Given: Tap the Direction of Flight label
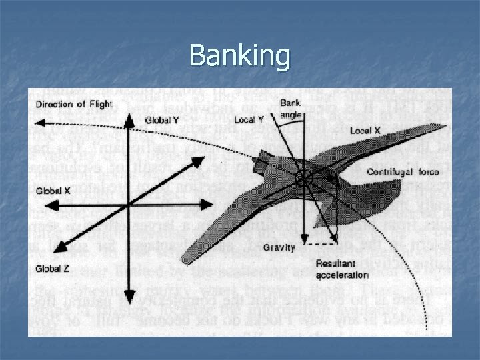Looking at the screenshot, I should point(74,103).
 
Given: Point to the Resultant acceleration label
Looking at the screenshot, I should point(342,269).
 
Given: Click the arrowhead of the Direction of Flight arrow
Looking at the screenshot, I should point(39,122).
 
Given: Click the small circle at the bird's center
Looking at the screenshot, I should point(303,178).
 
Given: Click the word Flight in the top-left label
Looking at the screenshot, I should point(99,103).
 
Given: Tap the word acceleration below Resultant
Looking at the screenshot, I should point(342,274).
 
